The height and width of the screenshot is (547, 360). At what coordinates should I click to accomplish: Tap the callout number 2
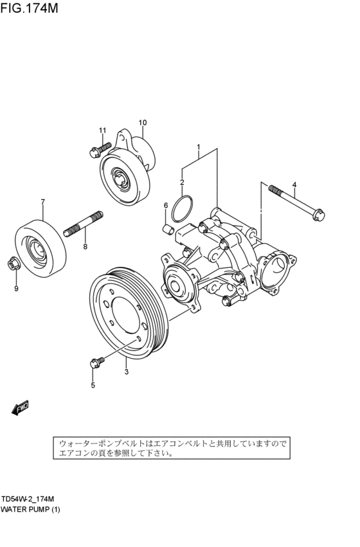pyautogui.click(x=182, y=183)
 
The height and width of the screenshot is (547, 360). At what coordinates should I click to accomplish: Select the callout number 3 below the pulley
pyautogui.click(x=126, y=371)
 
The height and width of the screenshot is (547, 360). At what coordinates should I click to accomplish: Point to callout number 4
pyautogui.click(x=294, y=186)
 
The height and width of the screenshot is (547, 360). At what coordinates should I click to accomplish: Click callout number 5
pyautogui.click(x=93, y=385)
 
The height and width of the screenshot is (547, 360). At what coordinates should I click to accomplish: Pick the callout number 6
pyautogui.click(x=165, y=205)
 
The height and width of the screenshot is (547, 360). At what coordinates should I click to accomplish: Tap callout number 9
pyautogui.click(x=17, y=288)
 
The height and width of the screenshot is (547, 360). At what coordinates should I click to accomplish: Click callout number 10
pyautogui.click(x=142, y=122)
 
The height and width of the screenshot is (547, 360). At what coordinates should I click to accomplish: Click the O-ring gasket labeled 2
pyautogui.click(x=183, y=209)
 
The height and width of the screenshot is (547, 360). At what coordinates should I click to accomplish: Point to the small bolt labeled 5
pyautogui.click(x=94, y=363)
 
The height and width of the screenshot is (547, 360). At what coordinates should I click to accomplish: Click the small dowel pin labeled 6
pyautogui.click(x=166, y=228)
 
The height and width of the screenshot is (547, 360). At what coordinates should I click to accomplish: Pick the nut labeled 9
pyautogui.click(x=14, y=263)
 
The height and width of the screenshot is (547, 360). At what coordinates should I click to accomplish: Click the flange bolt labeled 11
pyautogui.click(x=93, y=152)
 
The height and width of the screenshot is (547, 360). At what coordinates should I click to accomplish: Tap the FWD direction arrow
pyautogui.click(x=20, y=406)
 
